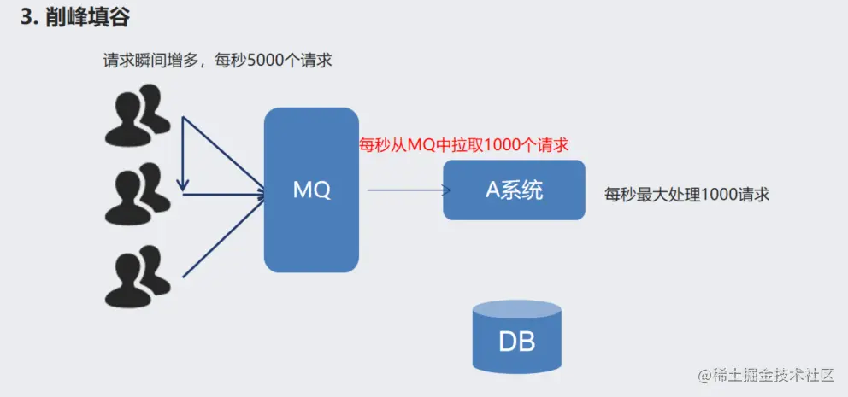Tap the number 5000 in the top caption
tap(267, 61)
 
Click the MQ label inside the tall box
tap(311, 190)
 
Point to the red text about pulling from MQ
tap(463, 144)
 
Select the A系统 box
tap(514, 190)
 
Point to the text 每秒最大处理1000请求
tap(686, 194)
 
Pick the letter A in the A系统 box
tap(492, 190)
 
